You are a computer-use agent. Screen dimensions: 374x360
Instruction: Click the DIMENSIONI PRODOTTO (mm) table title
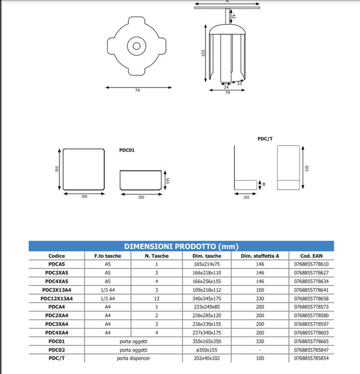click(181, 246)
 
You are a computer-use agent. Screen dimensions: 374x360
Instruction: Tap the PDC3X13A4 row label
click(57, 290)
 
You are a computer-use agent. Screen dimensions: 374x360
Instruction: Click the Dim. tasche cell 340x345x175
click(206, 298)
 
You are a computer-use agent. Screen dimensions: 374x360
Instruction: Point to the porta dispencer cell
click(134, 358)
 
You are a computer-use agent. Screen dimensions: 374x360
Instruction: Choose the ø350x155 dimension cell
click(206, 349)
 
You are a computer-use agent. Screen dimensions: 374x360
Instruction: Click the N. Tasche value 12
click(157, 298)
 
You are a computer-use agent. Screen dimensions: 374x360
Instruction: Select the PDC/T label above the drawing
click(265, 138)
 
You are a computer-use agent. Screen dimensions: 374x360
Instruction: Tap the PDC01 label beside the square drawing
click(127, 150)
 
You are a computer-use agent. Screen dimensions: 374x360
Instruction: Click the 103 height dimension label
click(203, 53)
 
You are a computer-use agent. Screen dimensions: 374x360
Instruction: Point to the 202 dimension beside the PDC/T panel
click(307, 168)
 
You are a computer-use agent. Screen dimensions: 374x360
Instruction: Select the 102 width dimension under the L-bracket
click(246, 197)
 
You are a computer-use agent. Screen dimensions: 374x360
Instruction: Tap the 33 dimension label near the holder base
click(239, 83)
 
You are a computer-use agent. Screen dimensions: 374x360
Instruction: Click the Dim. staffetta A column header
click(259, 256)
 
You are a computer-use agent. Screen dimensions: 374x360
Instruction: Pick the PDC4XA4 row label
click(57, 332)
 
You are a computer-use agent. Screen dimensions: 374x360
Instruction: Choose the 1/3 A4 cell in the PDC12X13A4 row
click(108, 298)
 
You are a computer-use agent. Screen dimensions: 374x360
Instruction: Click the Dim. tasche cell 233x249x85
click(206, 307)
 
